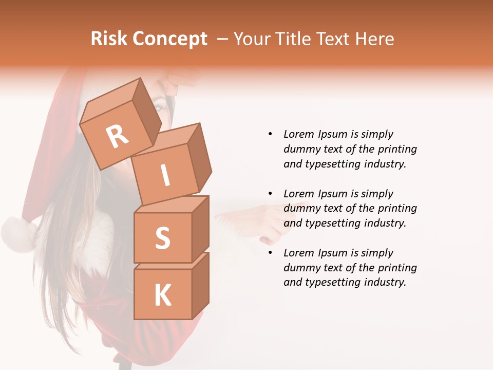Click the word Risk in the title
pyautogui.click(x=109, y=39)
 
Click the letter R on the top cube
pyautogui.click(x=117, y=136)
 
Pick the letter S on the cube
pyautogui.click(x=162, y=238)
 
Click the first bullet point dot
pyautogui.click(x=270, y=134)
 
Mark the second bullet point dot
pyautogui.click(x=270, y=194)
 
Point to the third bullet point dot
pyautogui.click(x=270, y=253)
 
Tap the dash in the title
pyautogui.click(x=222, y=39)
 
